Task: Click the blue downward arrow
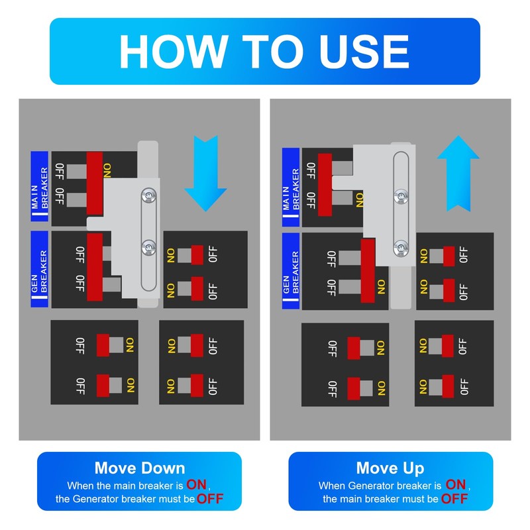(205, 174)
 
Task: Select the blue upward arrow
(458, 174)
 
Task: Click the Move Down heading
(140, 468)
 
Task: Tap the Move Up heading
(390, 468)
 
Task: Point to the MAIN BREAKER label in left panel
(40, 187)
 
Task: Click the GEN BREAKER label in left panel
(40, 270)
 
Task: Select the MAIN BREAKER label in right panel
(291, 187)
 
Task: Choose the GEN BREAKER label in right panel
(291, 271)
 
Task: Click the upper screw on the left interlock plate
(148, 195)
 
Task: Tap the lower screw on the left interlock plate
(148, 247)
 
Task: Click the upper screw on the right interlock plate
(401, 196)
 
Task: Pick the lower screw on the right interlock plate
(401, 248)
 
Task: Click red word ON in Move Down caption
(196, 485)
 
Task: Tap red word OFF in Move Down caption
(210, 499)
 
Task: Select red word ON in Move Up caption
(456, 485)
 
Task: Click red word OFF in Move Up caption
(454, 499)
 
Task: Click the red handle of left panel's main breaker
(95, 184)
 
